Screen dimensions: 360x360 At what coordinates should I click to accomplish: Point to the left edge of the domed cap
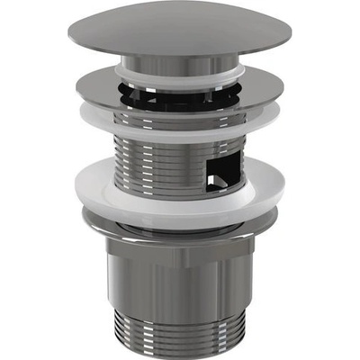point(68,39)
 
